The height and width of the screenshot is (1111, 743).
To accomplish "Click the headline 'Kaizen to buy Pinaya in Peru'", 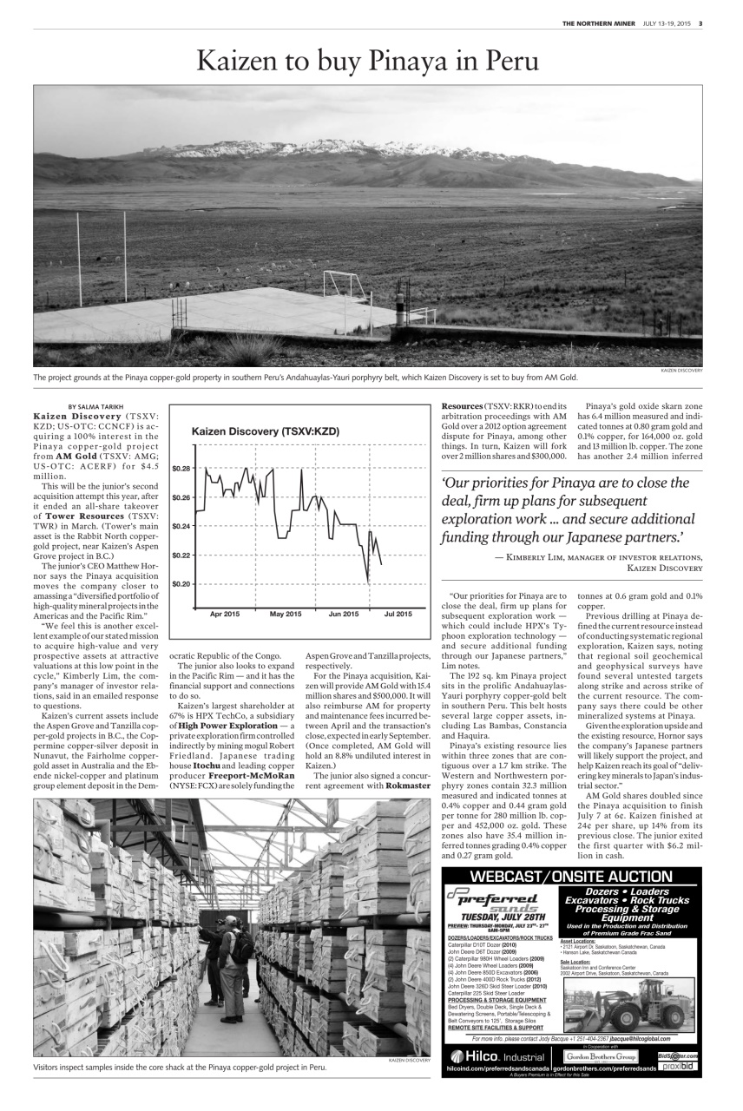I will point(368,61).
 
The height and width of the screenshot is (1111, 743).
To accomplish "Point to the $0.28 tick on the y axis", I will point(181,469).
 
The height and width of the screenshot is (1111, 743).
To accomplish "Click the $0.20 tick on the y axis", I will point(181,584).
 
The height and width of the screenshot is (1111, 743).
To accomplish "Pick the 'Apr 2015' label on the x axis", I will point(225,615).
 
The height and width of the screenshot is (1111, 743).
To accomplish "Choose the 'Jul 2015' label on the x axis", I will point(398,615).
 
